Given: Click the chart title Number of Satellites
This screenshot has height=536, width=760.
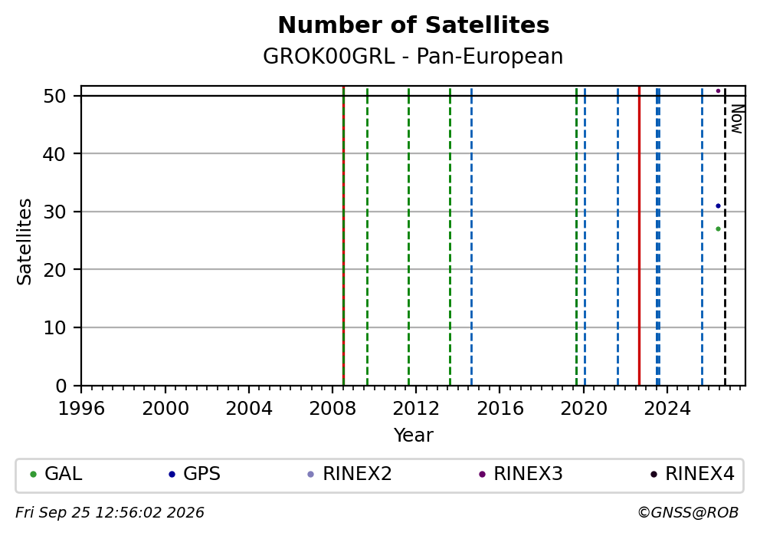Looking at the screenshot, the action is [x=414, y=25].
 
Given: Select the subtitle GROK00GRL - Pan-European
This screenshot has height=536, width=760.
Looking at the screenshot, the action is [x=413, y=56].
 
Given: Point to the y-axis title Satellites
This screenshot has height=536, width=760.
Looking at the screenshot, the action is [x=24, y=242].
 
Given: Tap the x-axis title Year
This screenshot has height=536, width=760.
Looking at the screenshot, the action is [x=414, y=435].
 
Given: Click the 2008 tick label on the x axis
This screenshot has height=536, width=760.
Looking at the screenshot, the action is [x=332, y=409].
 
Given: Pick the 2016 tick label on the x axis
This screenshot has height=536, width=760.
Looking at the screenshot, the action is [x=500, y=409].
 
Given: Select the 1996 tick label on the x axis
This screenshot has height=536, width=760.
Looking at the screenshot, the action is [x=81, y=409].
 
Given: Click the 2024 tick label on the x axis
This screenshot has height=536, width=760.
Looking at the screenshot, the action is [x=667, y=409].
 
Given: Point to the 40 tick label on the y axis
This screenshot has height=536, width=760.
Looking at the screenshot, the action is [x=54, y=154].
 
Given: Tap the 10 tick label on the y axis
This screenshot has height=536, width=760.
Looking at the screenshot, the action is [x=54, y=328].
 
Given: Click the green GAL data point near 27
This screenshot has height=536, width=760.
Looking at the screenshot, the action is [x=719, y=229].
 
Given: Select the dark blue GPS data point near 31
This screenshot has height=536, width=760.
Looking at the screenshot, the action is [x=719, y=206].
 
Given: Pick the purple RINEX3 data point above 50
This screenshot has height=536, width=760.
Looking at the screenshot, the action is [x=719, y=90].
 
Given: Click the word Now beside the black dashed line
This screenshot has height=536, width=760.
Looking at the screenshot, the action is [x=737, y=119].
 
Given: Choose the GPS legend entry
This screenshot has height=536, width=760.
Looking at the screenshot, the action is [x=195, y=474].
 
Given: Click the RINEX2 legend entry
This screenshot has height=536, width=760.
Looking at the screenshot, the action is [x=349, y=474].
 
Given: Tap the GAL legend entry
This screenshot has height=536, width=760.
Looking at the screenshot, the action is [x=56, y=474].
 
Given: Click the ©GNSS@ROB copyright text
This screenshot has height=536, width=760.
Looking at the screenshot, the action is [x=688, y=513].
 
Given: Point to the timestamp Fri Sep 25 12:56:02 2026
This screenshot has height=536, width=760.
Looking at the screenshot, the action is [x=110, y=513].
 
